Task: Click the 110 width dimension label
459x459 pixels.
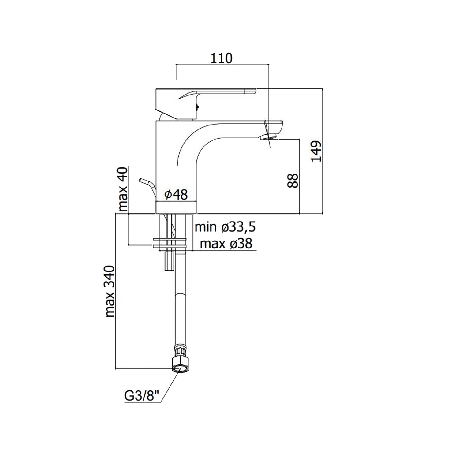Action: (222, 58)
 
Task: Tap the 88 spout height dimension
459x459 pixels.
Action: (293, 181)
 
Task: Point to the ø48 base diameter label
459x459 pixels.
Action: (176, 194)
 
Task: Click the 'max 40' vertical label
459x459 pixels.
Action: (123, 190)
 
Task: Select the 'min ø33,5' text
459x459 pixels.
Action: (225, 227)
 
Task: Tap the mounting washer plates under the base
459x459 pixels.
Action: (169, 242)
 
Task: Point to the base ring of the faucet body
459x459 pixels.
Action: (176, 207)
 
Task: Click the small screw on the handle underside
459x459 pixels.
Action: (197, 107)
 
